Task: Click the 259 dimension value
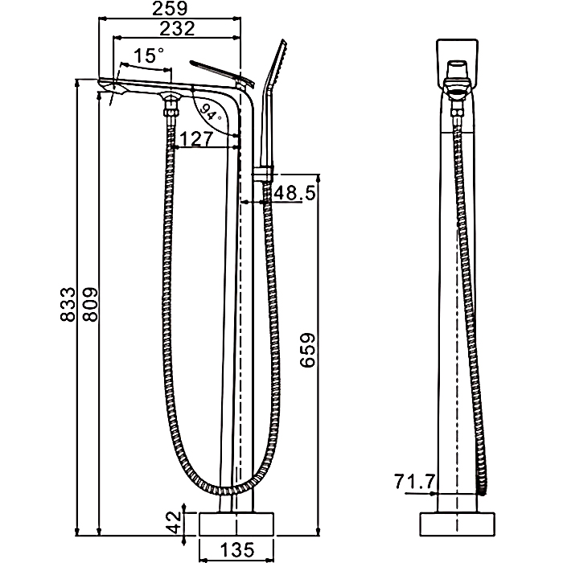pos(170,9)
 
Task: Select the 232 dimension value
pos(177,29)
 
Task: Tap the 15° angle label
pos(148,55)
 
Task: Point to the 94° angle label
pos(210,112)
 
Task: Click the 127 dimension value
pos(196,139)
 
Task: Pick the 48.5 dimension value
pos(294,193)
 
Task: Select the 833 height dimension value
pos(68,304)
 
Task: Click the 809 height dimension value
pos(90,304)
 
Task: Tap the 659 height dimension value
pos(307,350)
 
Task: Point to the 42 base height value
pos(175,523)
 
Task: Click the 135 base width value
pos(237,549)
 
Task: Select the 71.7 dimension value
pos(415,482)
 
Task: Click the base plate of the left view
pos(236,524)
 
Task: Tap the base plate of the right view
pos(458,524)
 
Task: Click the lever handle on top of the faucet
pos(222,73)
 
